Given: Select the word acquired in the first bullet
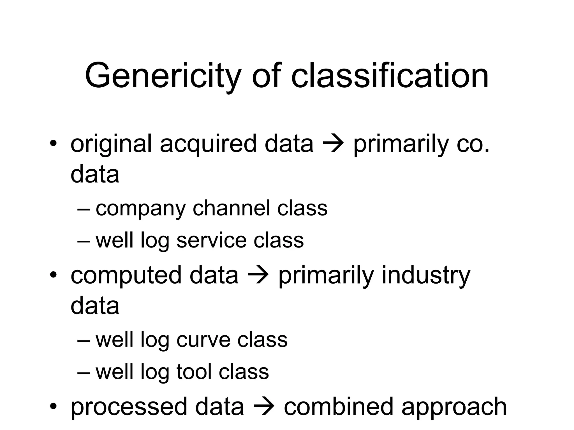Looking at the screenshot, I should [x=208, y=144].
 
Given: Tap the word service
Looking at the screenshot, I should [x=212, y=240].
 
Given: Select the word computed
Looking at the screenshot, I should [x=126, y=275].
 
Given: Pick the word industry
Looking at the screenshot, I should [x=426, y=275].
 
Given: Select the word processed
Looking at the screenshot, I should [x=129, y=407].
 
